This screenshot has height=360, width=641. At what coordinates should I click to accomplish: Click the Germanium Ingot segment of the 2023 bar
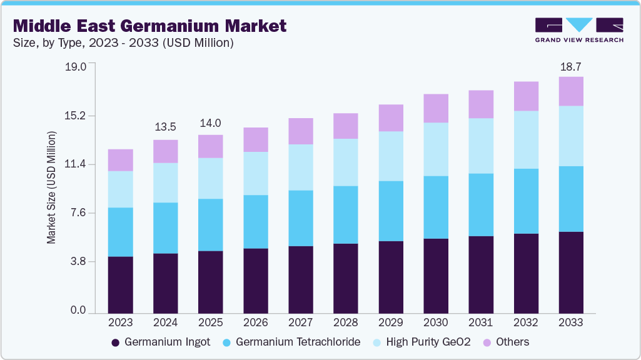[x=120, y=285]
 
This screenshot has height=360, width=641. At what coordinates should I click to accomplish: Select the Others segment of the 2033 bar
[x=571, y=91]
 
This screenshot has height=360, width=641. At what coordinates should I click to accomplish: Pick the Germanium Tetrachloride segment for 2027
[x=300, y=218]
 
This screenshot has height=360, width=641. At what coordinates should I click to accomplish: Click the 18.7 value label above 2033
[x=571, y=66]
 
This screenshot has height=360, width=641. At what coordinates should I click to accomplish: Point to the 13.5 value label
[x=165, y=127]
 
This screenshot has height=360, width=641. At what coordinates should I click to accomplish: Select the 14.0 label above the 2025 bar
[x=210, y=123]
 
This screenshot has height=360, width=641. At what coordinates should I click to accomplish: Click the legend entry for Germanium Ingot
[x=161, y=342]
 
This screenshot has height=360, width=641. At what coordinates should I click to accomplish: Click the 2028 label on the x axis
[x=345, y=322]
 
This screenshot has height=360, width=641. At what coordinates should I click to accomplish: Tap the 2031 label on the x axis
[x=481, y=322]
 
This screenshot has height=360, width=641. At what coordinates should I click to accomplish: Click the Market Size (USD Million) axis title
[x=52, y=187]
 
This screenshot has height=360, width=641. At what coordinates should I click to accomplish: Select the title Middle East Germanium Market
[x=149, y=26]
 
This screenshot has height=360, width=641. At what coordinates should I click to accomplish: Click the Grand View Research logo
[x=579, y=30]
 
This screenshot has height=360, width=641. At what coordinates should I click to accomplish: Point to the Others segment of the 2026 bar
[x=255, y=140]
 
